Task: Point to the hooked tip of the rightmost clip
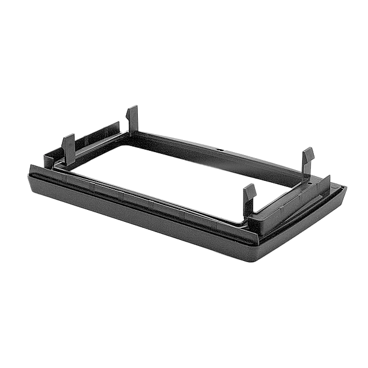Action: click(x=308, y=152)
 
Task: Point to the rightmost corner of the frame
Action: click(x=346, y=188)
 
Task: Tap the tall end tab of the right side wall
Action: click(x=327, y=183)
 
